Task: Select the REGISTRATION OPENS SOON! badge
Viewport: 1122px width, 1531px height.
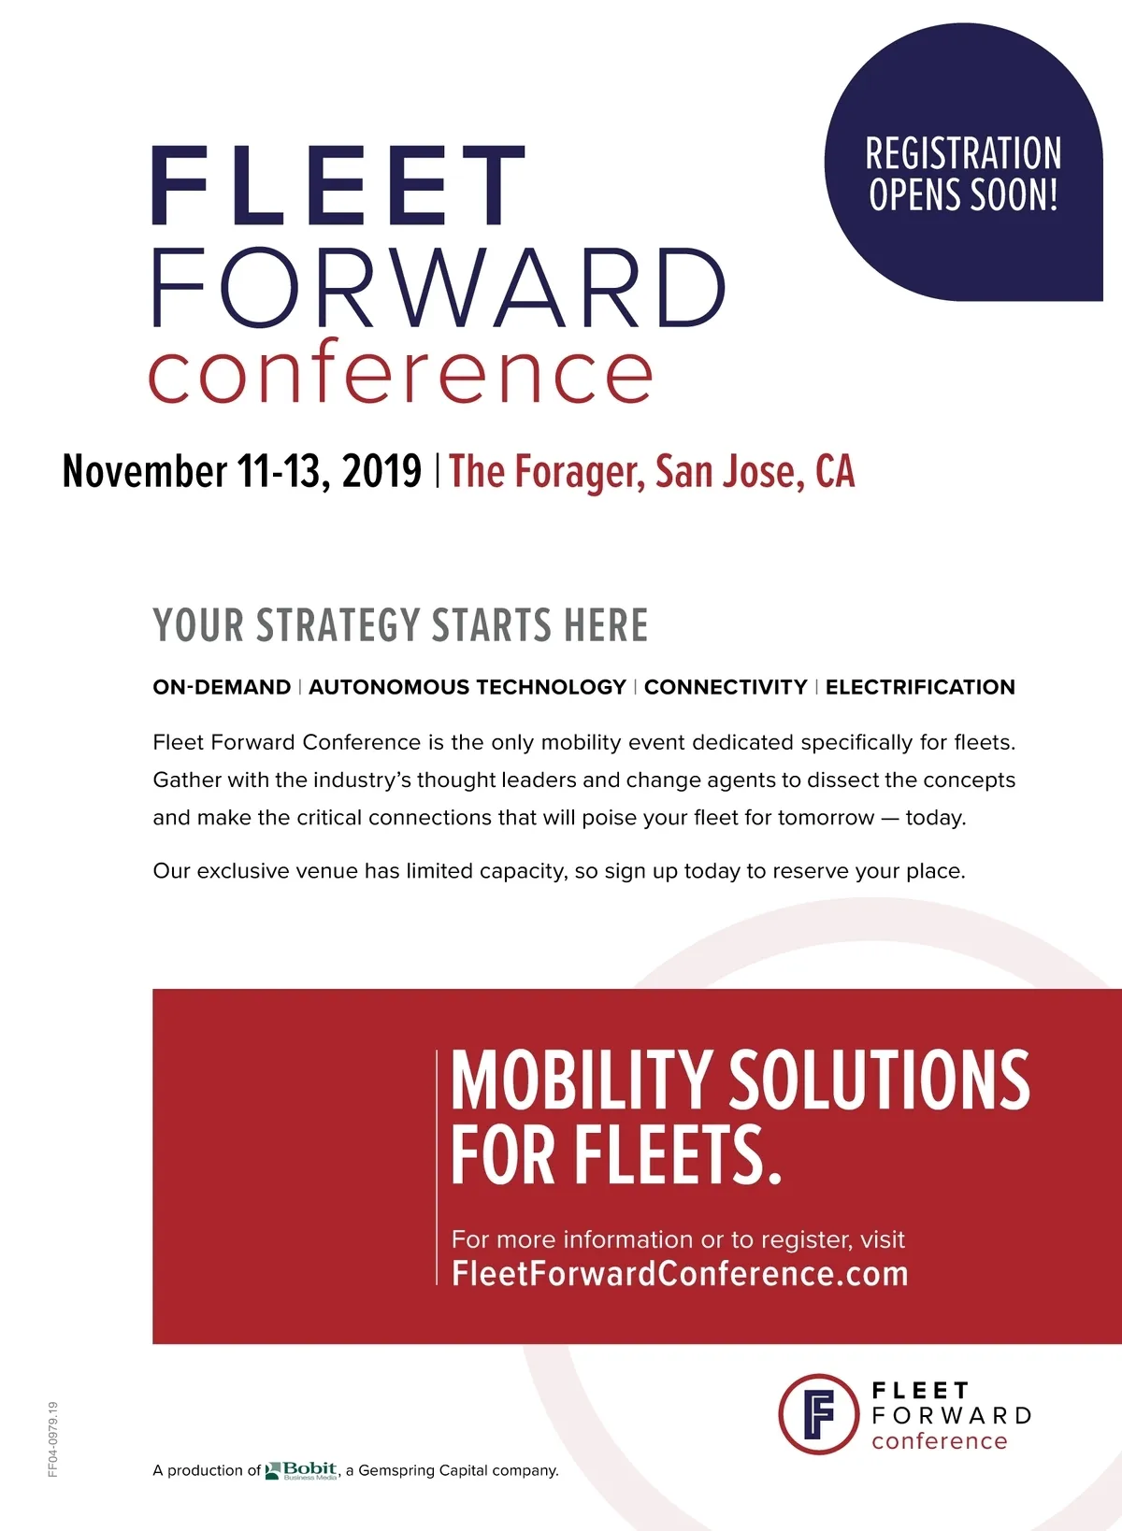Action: tap(963, 162)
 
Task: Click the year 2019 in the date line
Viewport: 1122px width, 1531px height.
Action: tap(381, 471)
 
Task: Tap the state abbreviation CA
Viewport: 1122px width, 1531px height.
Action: tap(835, 471)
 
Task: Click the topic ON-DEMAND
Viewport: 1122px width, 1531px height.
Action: tap(222, 687)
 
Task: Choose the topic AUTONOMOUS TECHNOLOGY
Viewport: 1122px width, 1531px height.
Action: tap(467, 687)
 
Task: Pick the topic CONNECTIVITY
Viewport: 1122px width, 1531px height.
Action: tap(726, 687)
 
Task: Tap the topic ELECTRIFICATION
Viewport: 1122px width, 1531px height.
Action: tap(920, 687)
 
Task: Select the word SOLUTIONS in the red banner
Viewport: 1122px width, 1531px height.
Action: tap(879, 1080)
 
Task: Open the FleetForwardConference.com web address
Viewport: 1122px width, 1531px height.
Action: tap(680, 1274)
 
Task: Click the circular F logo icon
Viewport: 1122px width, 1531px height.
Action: tap(818, 1414)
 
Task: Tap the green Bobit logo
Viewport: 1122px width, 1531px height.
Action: tap(301, 1470)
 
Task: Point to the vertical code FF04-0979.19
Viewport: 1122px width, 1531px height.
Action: tap(52, 1439)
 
